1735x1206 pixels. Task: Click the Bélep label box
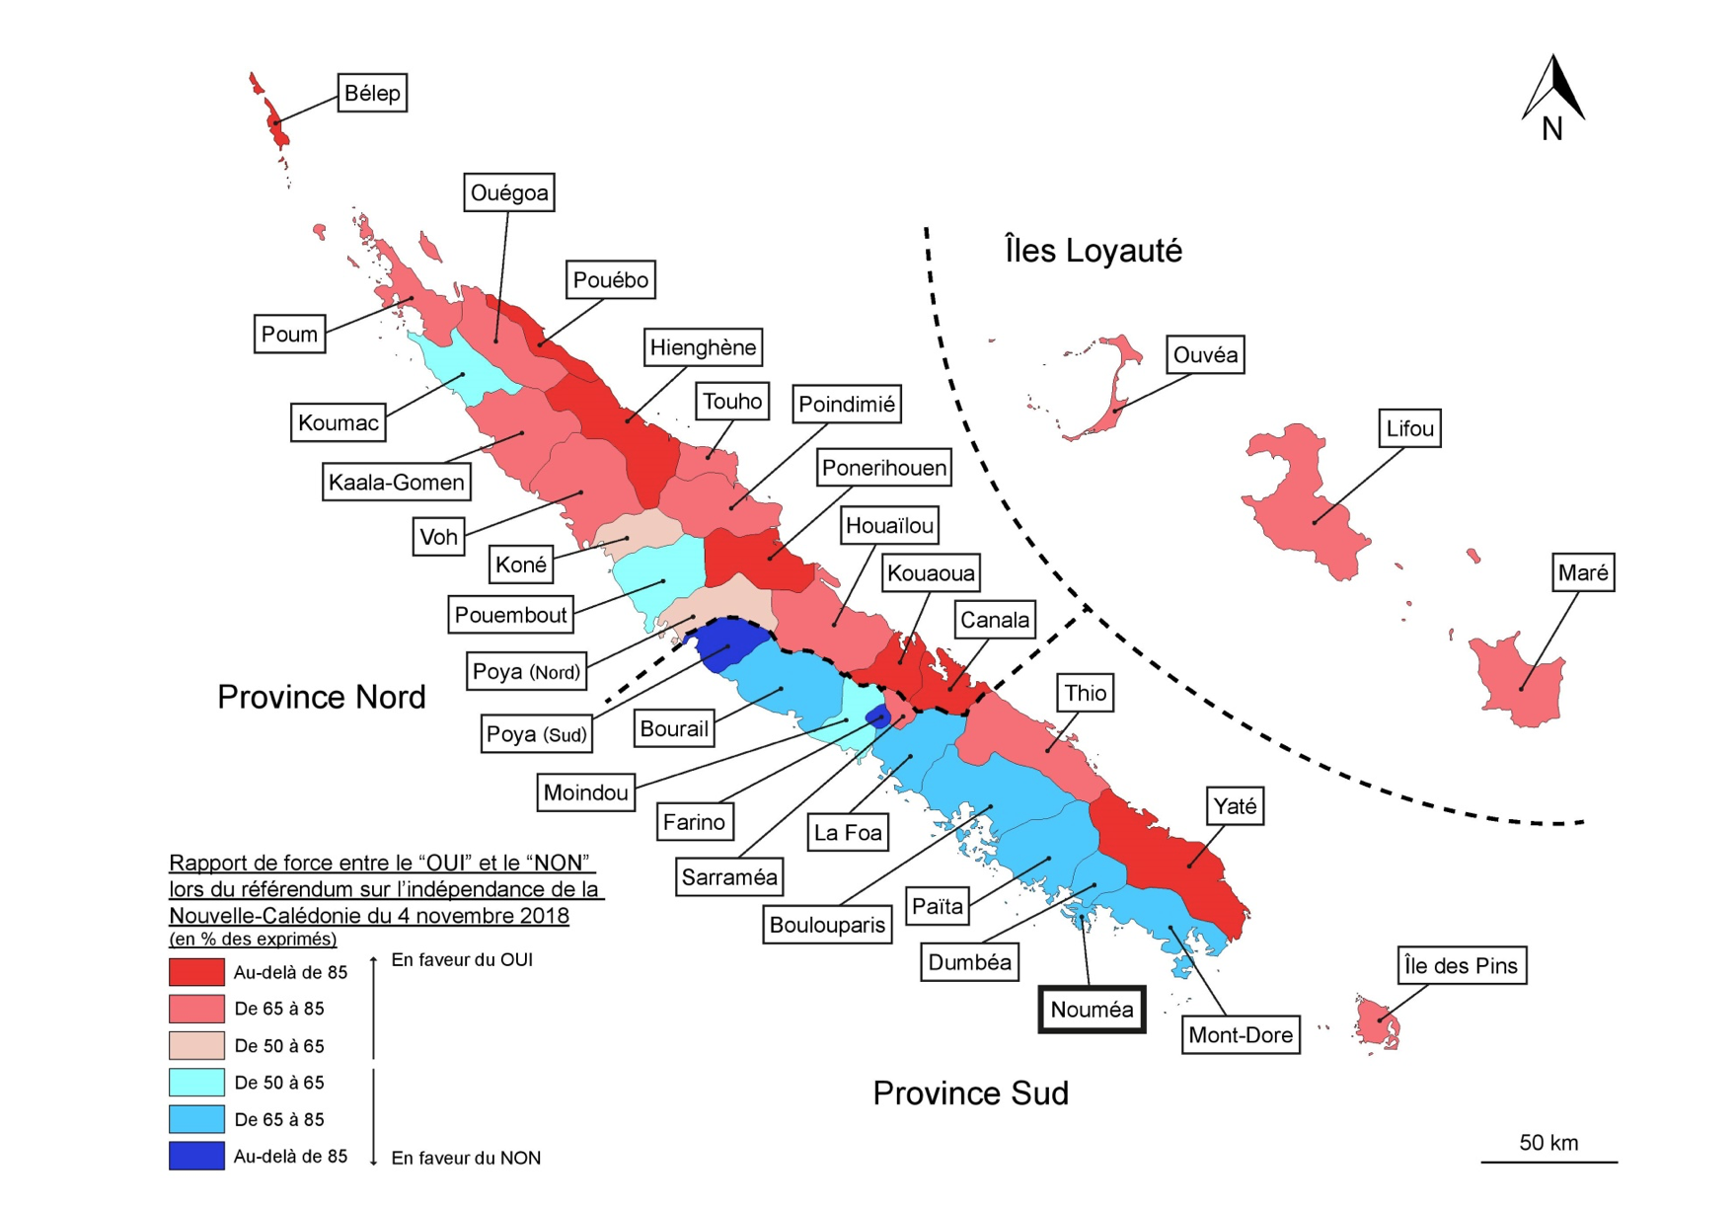click(372, 93)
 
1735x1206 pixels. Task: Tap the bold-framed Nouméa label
click(1092, 1010)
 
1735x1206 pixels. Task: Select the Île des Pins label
click(1462, 965)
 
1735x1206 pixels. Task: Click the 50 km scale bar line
click(1548, 1162)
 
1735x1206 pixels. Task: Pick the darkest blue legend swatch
click(196, 1156)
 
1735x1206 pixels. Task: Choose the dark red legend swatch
click(196, 972)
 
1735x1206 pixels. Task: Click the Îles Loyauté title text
click(1093, 250)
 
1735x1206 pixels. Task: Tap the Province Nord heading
click(322, 697)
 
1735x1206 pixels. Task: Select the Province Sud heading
click(970, 1093)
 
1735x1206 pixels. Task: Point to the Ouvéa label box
click(1205, 354)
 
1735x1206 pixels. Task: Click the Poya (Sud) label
click(536, 733)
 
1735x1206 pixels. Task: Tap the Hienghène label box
click(703, 347)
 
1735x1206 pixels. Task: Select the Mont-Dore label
click(1241, 1035)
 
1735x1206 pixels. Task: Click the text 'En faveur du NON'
click(466, 1158)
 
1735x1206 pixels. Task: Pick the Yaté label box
click(1235, 806)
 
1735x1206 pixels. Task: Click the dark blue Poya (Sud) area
click(727, 643)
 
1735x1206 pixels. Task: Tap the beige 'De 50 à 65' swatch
click(196, 1045)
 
